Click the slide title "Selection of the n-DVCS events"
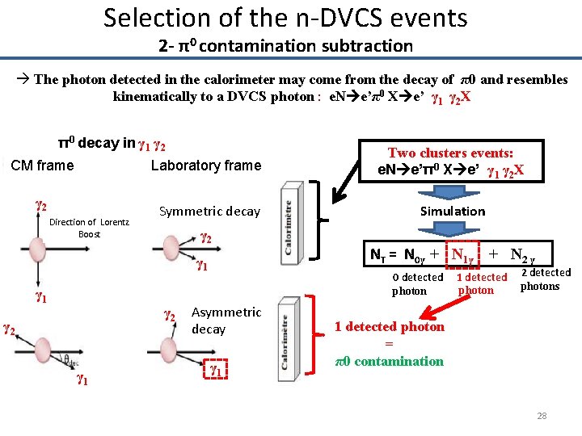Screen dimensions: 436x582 tap(285, 17)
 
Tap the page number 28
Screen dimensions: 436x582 tap(542, 416)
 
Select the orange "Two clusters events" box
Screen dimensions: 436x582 tap(452, 161)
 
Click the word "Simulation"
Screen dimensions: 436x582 tap(453, 211)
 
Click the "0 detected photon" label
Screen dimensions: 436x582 tap(417, 283)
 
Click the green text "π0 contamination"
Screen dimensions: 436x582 tap(389, 361)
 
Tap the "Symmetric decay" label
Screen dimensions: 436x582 tap(209, 212)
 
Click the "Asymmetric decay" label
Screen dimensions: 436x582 tap(226, 321)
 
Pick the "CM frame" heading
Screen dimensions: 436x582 tap(43, 166)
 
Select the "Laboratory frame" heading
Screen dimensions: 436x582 tap(206, 166)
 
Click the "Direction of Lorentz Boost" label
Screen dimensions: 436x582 tap(89, 228)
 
